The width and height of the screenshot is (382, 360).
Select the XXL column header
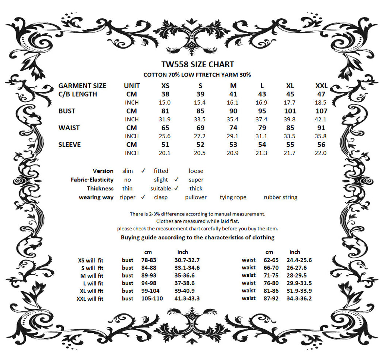(x=321, y=86)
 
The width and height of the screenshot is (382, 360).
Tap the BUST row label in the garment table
(x=67, y=111)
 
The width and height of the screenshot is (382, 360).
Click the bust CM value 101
(x=290, y=111)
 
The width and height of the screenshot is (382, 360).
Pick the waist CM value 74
(x=233, y=128)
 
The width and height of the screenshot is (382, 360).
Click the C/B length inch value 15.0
(x=165, y=102)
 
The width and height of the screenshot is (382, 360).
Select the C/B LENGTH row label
(x=78, y=94)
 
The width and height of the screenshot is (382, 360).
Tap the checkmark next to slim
(x=143, y=171)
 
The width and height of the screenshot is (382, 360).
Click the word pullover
(x=195, y=197)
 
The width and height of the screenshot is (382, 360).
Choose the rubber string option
(x=280, y=197)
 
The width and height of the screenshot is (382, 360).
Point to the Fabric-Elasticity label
(x=92, y=180)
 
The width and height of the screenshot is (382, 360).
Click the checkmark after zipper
(x=143, y=197)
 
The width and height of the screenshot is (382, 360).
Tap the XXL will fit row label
(x=90, y=299)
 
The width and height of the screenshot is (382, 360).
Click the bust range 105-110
(x=152, y=298)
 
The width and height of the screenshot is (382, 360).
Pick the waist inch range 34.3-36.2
(x=299, y=298)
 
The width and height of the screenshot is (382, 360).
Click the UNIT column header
(x=132, y=86)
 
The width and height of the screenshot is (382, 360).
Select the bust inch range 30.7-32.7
(x=187, y=260)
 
